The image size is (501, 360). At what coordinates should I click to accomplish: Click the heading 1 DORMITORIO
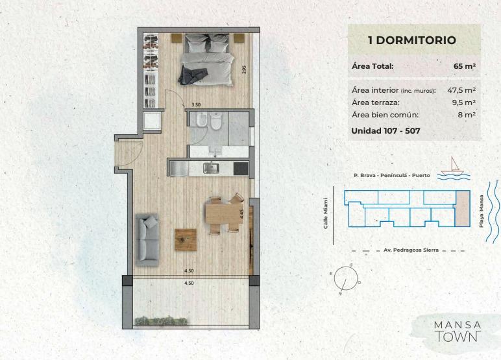[412, 40]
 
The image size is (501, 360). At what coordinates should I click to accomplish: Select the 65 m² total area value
[465, 66]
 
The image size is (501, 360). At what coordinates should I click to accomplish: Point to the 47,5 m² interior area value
[461, 90]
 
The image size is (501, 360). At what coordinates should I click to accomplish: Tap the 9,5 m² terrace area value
[464, 102]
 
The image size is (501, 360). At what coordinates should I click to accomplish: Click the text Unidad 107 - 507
[385, 130]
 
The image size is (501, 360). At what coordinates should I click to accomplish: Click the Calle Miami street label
[326, 213]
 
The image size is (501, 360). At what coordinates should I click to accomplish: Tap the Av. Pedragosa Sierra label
[411, 250]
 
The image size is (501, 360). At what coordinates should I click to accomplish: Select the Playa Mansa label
[481, 211]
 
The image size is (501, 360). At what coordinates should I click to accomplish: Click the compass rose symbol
[345, 278]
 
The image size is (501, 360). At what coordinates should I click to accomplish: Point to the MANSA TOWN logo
[458, 331]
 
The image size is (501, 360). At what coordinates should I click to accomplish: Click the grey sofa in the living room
[147, 239]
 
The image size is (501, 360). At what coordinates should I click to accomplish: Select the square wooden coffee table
[186, 239]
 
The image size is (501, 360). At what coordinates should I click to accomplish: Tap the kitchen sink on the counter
[211, 168]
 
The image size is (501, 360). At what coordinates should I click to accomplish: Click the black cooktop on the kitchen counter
[241, 169]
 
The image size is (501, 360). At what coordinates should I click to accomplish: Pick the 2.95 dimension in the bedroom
[245, 69]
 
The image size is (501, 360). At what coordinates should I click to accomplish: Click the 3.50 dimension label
[196, 104]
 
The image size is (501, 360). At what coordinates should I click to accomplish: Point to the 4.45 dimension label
[242, 213]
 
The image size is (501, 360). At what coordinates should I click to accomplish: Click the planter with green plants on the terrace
[161, 320]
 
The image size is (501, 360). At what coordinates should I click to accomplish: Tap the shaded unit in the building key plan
[463, 208]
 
